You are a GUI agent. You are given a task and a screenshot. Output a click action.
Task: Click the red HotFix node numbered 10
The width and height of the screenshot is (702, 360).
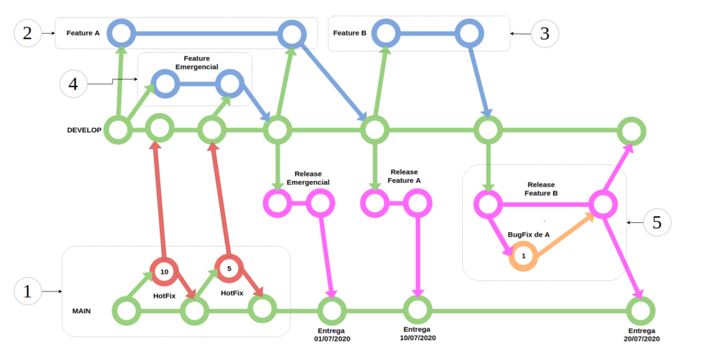(x=164, y=272)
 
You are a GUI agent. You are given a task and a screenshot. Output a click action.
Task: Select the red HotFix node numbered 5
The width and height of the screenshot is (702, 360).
(x=229, y=267)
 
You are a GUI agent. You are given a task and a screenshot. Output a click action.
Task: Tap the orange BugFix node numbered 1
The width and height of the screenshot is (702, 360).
(x=523, y=256)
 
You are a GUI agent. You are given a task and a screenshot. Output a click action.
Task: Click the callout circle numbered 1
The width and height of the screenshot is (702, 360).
(x=27, y=291)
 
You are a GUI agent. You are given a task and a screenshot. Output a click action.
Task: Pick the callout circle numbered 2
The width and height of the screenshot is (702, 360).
(x=27, y=33)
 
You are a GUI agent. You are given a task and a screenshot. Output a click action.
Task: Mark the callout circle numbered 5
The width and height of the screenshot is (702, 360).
(x=657, y=223)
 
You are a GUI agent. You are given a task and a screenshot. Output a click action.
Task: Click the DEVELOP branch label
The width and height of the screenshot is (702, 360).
(x=84, y=130)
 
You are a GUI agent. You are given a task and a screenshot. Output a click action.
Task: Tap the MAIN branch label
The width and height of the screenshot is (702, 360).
(x=82, y=311)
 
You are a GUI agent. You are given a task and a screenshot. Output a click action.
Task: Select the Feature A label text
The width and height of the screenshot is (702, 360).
(x=83, y=33)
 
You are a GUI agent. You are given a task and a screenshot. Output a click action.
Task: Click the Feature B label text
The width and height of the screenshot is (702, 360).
(x=350, y=33)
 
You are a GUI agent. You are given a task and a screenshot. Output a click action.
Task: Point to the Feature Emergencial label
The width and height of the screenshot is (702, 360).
(x=197, y=63)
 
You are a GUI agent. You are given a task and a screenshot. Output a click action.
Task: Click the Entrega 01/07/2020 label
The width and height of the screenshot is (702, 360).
(x=332, y=335)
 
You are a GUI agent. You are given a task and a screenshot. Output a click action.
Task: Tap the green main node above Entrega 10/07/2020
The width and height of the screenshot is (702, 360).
(x=416, y=310)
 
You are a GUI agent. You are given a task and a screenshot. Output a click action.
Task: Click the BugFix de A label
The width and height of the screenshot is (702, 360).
(x=529, y=235)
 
